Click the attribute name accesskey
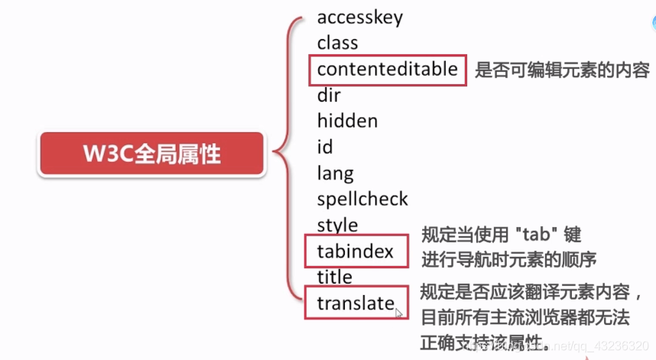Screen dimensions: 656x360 pos(359,17)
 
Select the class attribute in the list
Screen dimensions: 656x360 pos(337,43)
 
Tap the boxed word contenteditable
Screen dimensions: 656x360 pos(388,70)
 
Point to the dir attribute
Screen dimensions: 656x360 pos(329,96)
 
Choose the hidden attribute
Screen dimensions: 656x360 pos(347,121)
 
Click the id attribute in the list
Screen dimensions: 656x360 pos(325,147)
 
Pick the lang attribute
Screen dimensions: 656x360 pos(336,174)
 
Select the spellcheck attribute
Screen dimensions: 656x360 pos(362,199)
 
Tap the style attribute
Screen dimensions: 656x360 pos(337,225)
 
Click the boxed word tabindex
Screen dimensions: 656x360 pos(355,251)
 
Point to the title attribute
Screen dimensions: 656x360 pos(335,277)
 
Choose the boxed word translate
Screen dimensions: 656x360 pos(356,303)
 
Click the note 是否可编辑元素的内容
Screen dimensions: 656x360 pos(562,70)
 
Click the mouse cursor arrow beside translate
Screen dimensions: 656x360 pos(399,311)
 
